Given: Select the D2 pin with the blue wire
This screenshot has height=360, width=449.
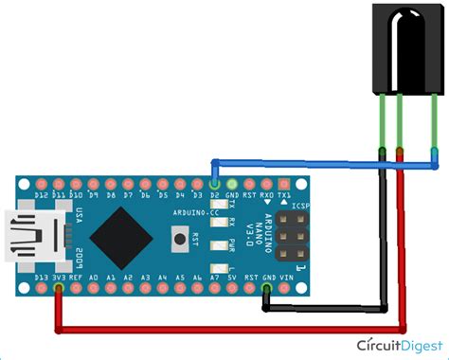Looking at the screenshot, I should pyautogui.click(x=215, y=182).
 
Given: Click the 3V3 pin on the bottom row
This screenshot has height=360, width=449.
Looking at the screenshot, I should pyautogui.click(x=60, y=285).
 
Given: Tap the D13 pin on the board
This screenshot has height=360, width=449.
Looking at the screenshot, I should pyautogui.click(x=43, y=285).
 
